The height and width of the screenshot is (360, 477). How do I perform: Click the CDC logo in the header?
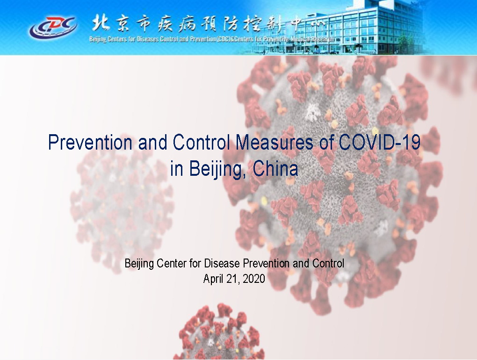[53, 28]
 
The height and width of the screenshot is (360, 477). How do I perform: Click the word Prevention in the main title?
[90, 142]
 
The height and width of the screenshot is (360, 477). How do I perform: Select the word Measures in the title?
[274, 142]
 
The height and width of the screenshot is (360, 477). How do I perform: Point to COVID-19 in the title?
[379, 142]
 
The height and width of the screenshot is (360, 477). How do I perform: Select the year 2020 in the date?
[254, 279]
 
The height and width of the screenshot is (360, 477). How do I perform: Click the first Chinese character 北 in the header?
[101, 23]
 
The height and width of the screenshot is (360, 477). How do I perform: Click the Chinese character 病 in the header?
[187, 24]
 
